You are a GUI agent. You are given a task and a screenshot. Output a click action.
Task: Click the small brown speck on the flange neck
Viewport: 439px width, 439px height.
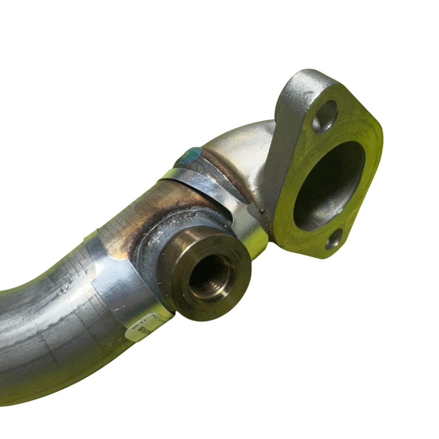[263, 209]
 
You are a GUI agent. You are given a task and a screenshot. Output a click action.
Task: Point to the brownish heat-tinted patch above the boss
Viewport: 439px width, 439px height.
[181, 203]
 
